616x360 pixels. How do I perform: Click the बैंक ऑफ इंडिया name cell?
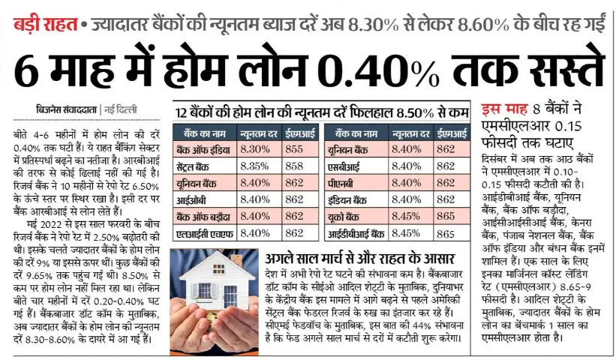click(x=203, y=148)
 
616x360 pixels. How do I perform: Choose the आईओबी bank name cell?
click(x=194, y=199)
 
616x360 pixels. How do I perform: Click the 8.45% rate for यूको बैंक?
click(x=407, y=216)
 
